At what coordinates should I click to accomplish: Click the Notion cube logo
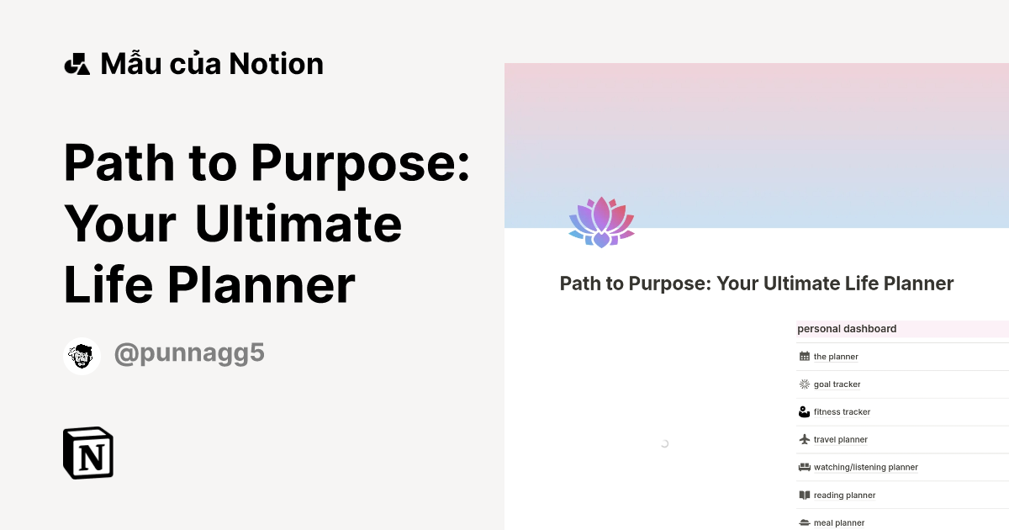click(x=88, y=453)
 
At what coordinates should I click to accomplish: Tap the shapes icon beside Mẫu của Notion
click(x=77, y=64)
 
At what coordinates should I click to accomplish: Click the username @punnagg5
click(x=189, y=353)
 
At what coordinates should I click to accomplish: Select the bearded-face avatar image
click(x=82, y=356)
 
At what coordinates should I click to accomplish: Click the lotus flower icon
click(x=601, y=222)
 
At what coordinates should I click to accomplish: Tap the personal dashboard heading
click(x=847, y=329)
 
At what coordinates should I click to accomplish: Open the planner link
click(x=836, y=357)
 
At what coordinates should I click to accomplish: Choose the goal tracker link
click(x=837, y=384)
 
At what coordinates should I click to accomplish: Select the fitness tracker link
click(x=842, y=412)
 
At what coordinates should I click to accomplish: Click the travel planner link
click(x=840, y=440)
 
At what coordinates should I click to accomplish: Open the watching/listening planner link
click(x=865, y=468)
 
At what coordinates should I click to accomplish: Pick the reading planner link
click(x=844, y=496)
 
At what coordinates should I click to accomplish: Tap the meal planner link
click(x=839, y=522)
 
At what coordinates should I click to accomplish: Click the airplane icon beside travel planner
click(x=805, y=439)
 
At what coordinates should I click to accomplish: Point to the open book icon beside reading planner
click(x=805, y=495)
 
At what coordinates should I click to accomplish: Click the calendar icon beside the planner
click(x=805, y=357)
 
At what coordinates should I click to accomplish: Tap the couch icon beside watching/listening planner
click(x=805, y=467)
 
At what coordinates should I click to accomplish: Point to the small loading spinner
click(x=664, y=443)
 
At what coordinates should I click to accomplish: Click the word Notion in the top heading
click(x=276, y=64)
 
